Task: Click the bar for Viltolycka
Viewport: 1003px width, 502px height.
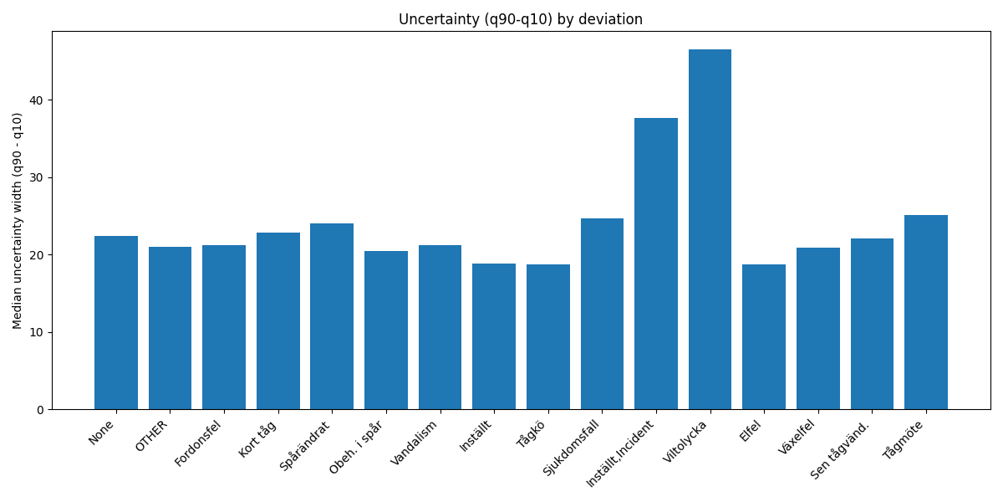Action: pos(710,229)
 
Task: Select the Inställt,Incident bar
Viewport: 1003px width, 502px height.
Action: pos(656,264)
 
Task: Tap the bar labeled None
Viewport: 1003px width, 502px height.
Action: pos(116,323)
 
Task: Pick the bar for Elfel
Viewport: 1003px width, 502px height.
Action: pos(764,337)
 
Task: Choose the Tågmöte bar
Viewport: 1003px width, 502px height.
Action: pos(926,312)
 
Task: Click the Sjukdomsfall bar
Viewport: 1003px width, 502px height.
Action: pos(602,314)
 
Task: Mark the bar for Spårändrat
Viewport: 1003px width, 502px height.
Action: pos(332,316)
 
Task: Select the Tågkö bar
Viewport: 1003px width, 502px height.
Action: pos(548,337)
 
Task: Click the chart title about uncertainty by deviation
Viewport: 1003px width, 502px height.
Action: pos(520,19)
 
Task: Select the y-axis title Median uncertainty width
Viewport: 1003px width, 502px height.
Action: pos(18,221)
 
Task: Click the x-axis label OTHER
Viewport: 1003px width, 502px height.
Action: pos(152,436)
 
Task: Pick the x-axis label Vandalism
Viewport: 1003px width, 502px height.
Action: pos(415,443)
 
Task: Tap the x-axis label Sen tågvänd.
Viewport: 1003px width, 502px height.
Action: pos(841,449)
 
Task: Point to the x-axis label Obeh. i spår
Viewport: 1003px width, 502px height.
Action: pos(357,447)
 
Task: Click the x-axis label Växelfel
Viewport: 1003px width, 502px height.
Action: pos(797,437)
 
